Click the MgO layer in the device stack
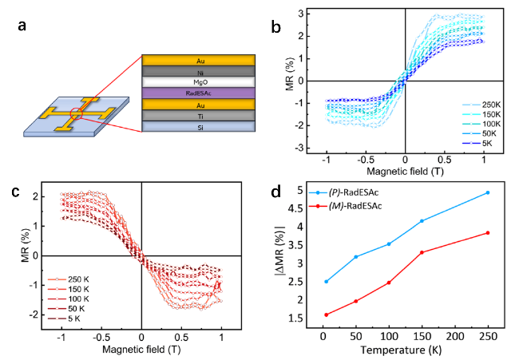(x=198, y=82)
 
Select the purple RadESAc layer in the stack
(x=198, y=93)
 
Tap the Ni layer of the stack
(x=198, y=71)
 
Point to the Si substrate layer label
(x=198, y=127)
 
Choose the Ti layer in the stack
(x=198, y=116)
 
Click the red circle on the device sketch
(x=74, y=115)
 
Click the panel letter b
(x=275, y=28)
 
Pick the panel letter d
(x=275, y=193)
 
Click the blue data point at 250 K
(x=487, y=192)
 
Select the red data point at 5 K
(x=303, y=315)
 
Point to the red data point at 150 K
(x=422, y=252)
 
